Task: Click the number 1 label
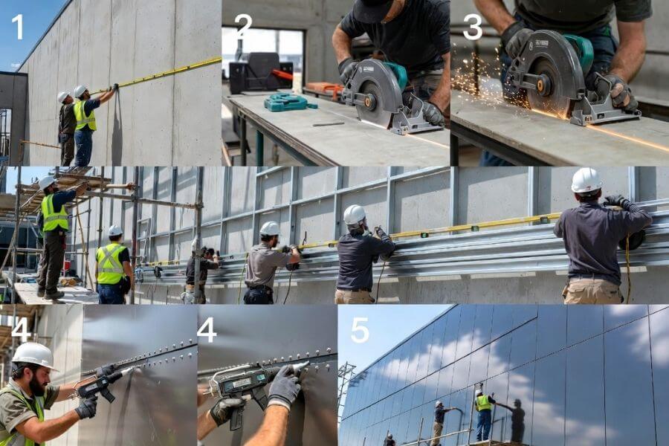click(x=17, y=27)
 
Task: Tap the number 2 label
click(x=243, y=26)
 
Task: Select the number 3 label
click(x=472, y=26)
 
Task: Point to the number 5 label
click(x=360, y=329)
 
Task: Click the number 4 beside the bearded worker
click(x=20, y=329)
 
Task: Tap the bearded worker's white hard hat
click(x=33, y=355)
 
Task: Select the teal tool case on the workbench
click(x=287, y=102)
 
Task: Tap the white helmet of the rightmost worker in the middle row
click(x=586, y=180)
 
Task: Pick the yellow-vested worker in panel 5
click(x=483, y=413)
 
